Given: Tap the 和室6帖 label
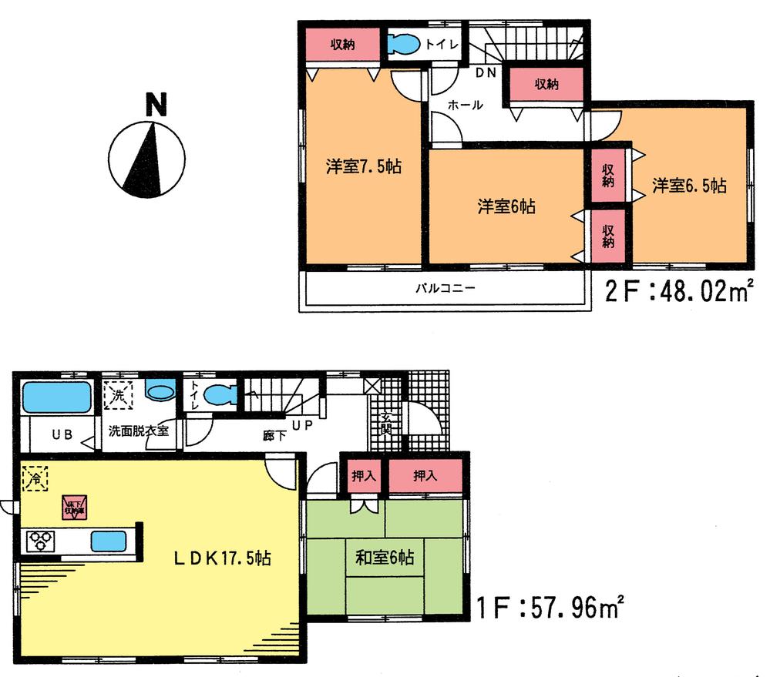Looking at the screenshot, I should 385,557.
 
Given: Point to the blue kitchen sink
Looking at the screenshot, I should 107,541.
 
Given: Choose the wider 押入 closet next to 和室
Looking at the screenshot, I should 424,476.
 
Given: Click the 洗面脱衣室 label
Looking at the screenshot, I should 138,431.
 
